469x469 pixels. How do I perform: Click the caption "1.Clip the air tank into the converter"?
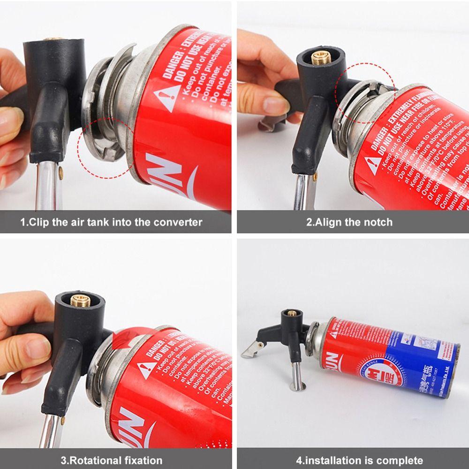pyautogui.click(x=111, y=222)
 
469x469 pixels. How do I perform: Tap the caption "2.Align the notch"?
pyautogui.click(x=349, y=222)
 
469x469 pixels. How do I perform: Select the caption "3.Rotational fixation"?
pyautogui.click(x=111, y=460)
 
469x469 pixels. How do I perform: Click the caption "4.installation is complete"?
pyautogui.click(x=359, y=460)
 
